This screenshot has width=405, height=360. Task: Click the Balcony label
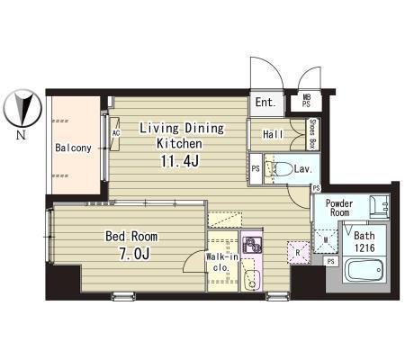click(73, 148)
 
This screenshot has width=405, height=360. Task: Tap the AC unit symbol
click(115, 133)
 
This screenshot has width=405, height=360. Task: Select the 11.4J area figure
click(179, 162)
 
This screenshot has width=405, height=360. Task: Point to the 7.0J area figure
click(134, 254)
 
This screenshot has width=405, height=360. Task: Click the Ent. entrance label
click(265, 103)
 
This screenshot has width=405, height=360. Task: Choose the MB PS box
click(306, 101)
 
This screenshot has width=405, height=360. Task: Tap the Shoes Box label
click(313, 134)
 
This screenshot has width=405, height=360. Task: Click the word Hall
click(273, 134)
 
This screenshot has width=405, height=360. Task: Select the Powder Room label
click(339, 208)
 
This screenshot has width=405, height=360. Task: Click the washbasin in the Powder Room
click(379, 206)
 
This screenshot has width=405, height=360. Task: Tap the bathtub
click(364, 270)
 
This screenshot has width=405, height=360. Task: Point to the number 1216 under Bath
click(364, 247)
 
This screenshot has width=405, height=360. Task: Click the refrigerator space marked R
click(298, 253)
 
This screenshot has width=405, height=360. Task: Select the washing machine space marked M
click(326, 240)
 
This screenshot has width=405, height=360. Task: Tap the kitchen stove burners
click(252, 245)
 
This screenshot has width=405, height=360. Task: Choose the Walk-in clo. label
click(221, 262)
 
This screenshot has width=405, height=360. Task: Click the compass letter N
click(21, 135)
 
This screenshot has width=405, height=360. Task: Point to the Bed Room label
click(131, 237)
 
